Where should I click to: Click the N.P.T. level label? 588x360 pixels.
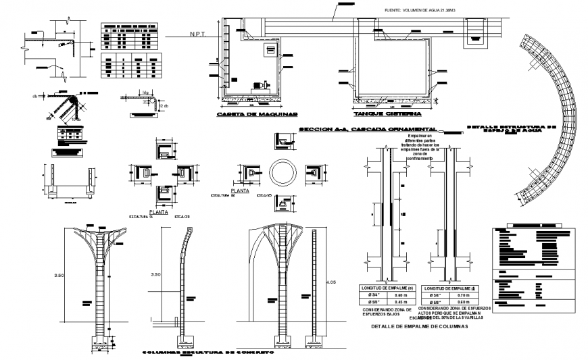coord(197,34)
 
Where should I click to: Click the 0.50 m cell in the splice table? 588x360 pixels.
coord(401,295)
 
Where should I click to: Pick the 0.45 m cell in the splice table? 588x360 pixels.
coord(401,302)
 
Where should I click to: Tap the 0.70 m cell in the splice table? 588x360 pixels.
coord(464,295)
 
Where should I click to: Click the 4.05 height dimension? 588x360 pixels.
coord(330,281)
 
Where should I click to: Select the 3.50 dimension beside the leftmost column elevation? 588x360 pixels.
coord(61,276)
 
